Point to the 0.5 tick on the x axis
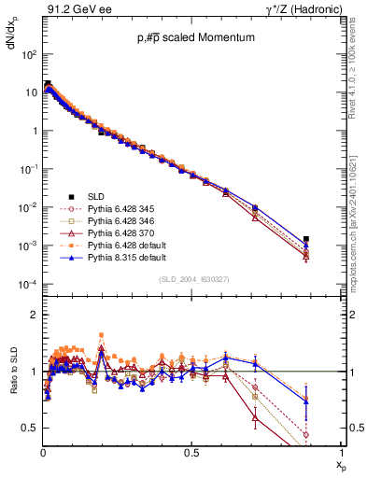pyautogui.click(x=192, y=452)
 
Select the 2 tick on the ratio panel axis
pyautogui.click(x=33, y=315)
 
